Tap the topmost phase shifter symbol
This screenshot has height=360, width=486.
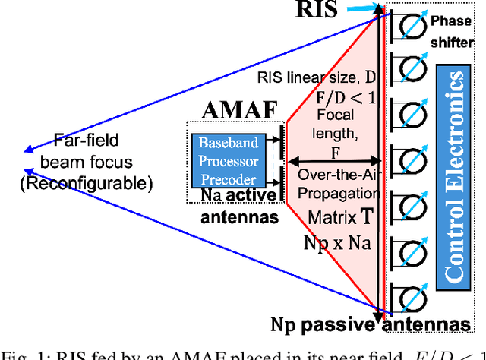[410, 26]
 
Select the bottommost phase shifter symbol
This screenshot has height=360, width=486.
[410, 292]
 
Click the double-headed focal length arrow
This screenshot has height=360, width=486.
[333, 161]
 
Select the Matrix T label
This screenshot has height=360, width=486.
[339, 217]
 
